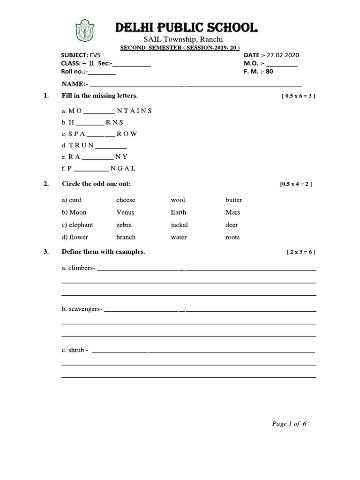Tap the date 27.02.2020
[283, 55]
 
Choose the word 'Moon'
[78, 212]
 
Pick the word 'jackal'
[180, 225]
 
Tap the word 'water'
[179, 237]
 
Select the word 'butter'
[233, 200]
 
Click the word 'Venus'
[125, 212]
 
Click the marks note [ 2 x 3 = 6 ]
[300, 252]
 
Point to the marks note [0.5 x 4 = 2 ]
[296, 184]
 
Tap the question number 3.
[46, 252]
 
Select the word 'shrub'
[76, 350]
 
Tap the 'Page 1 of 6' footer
[289, 424]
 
